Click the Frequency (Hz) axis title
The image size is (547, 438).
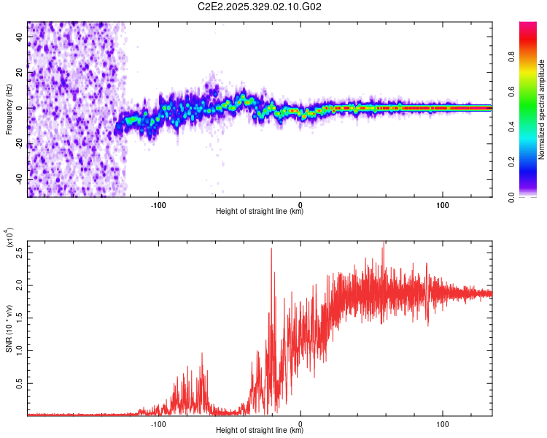(9, 109)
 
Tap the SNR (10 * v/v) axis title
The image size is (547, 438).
(9, 328)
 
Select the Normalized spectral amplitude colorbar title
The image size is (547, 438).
(542, 110)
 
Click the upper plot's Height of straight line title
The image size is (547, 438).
(260, 212)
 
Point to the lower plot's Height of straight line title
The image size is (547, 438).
(260, 430)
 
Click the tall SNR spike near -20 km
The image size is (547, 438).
(271, 250)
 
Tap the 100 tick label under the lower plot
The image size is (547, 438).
(442, 423)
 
